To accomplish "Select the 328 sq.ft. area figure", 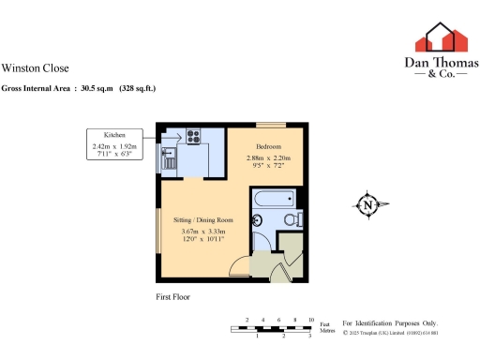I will point(137,88).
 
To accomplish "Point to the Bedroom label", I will point(269,147).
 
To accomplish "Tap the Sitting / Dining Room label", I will point(203,219).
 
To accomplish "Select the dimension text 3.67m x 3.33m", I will point(203,232).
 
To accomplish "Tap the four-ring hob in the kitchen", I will point(194,135).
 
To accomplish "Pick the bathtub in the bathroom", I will point(275,199).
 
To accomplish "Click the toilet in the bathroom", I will point(295,219).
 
